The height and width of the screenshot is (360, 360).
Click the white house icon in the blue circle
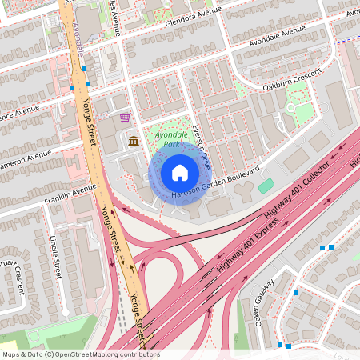[180, 172]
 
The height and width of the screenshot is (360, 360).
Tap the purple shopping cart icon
[124, 118]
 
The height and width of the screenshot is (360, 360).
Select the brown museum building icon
[133, 142]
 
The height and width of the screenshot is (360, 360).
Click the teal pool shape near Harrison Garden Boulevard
[266, 186]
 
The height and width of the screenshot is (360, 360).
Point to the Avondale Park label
[170, 140]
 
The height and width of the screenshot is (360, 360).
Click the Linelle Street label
[54, 256]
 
